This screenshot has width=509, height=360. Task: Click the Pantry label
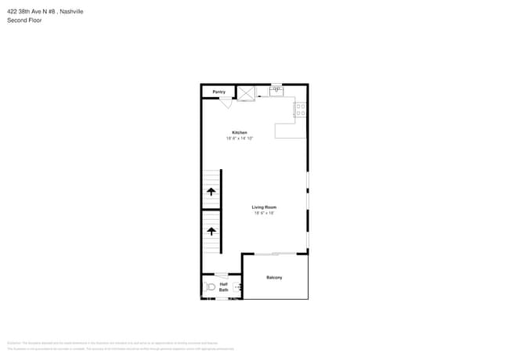coord(219,92)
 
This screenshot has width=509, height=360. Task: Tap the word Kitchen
coord(240,132)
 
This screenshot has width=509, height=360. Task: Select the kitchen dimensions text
coord(240,138)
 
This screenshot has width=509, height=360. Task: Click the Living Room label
coord(262,207)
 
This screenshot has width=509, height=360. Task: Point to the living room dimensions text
coord(262,213)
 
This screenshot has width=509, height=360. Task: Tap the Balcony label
coord(274,278)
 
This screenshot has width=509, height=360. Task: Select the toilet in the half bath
coord(210,287)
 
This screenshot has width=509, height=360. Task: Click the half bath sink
coord(238,287)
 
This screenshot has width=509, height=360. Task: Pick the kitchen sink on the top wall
coord(276,91)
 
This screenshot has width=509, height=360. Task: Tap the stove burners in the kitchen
coord(301,110)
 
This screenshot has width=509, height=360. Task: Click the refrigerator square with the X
coord(246,92)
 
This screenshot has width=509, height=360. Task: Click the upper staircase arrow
coord(211,191)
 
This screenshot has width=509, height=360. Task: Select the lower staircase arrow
coord(211,231)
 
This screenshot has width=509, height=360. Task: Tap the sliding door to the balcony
coord(275,254)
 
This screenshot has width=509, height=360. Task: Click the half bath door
coord(222,274)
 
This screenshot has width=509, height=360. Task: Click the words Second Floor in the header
coord(23,20)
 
